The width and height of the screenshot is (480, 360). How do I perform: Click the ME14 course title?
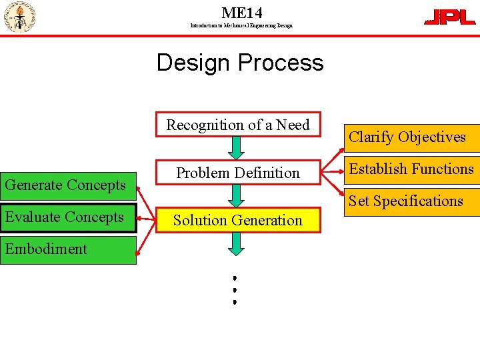pos(241,12)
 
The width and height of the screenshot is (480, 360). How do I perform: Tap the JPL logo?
pos(450,17)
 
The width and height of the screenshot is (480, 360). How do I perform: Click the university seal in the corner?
pos(19,17)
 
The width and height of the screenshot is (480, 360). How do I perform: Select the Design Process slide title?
pos(240,63)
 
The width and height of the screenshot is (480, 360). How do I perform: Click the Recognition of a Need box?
pos(238,125)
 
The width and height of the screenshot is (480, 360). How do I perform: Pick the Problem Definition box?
pos(238,173)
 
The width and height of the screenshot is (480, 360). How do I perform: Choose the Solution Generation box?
pos(238,220)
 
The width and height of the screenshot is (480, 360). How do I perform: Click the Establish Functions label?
pos(411,169)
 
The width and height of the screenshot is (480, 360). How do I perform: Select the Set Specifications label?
pos(406,201)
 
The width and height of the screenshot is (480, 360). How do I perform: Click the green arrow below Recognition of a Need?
pos(236,146)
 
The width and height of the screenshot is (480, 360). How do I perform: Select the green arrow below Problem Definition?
pos(236,195)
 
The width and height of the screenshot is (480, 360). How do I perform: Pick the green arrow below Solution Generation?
pos(236,243)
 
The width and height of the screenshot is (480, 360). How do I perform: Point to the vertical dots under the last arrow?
pos(235,289)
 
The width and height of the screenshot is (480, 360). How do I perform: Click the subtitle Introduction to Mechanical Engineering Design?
pos(241,25)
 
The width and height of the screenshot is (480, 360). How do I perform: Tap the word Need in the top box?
pos(294,125)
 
